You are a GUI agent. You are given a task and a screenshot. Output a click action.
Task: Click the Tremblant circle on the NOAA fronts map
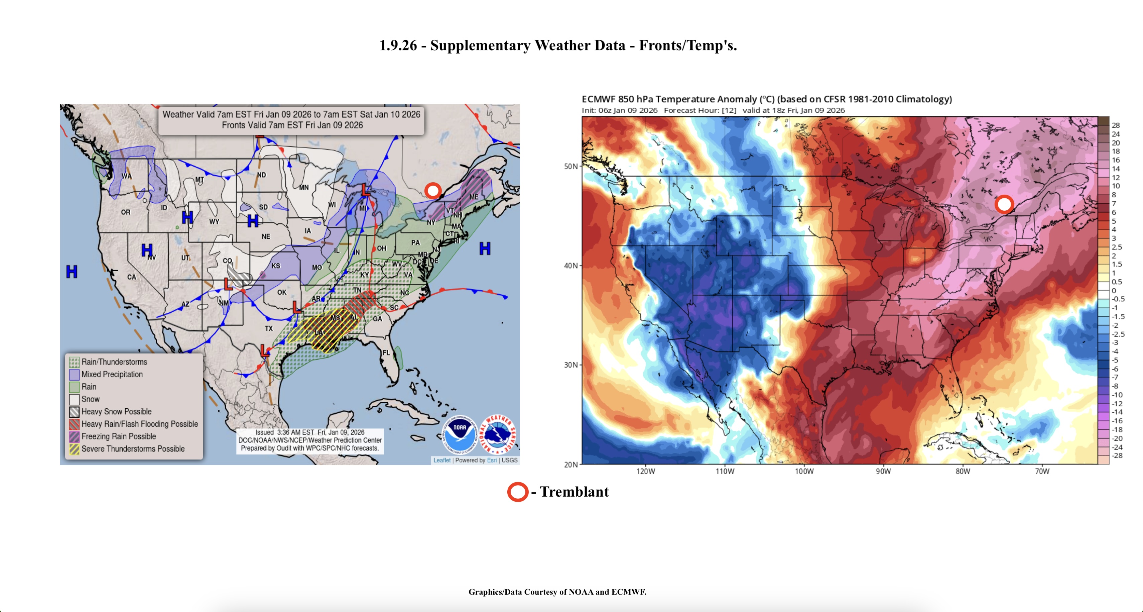pos(432,191)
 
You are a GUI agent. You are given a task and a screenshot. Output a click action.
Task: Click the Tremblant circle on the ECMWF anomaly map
pos(1004,204)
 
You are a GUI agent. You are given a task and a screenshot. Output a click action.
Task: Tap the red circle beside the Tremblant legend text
pos(517,492)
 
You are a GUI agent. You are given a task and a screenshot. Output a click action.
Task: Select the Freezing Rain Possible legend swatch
pos(74,436)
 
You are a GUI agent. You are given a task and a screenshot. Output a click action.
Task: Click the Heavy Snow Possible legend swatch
pos(74,412)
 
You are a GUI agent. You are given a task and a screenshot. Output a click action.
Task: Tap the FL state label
pos(386,352)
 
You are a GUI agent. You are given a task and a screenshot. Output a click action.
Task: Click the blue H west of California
pos(72,271)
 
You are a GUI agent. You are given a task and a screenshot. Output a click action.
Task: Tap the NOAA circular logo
pos(460,434)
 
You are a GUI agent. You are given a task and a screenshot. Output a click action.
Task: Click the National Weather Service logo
pos(498,434)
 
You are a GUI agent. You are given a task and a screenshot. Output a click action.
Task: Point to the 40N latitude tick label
pos(570,266)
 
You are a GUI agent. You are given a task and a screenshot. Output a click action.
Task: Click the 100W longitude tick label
pos(804,471)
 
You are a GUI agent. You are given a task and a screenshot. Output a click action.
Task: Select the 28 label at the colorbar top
pos(1116,125)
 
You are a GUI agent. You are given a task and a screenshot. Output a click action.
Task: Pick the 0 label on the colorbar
pos(1114,291)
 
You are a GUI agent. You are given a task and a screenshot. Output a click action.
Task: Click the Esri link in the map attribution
pos(492,460)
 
